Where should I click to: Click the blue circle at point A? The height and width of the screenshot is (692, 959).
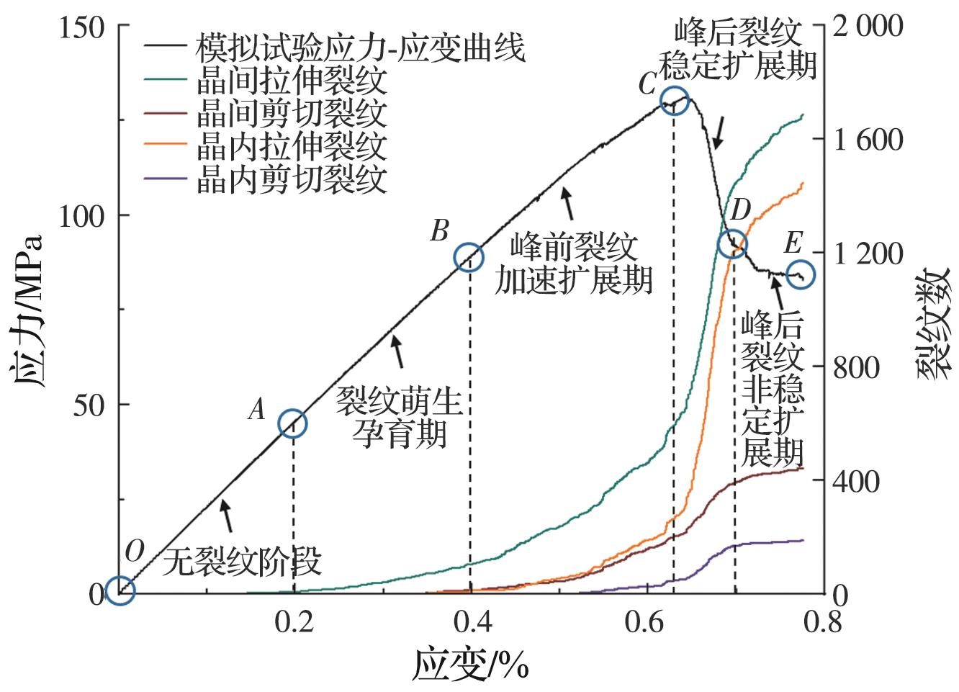click(x=292, y=423)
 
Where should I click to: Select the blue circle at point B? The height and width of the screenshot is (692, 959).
click(x=469, y=257)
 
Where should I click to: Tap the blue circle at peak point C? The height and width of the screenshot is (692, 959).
click(x=675, y=100)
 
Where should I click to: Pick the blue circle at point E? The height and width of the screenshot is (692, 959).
click(x=800, y=274)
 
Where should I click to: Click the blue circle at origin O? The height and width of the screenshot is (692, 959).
click(x=120, y=590)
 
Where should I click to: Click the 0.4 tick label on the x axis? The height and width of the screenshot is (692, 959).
click(x=471, y=621)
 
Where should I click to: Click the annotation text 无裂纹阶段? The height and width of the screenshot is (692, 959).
click(x=242, y=560)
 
